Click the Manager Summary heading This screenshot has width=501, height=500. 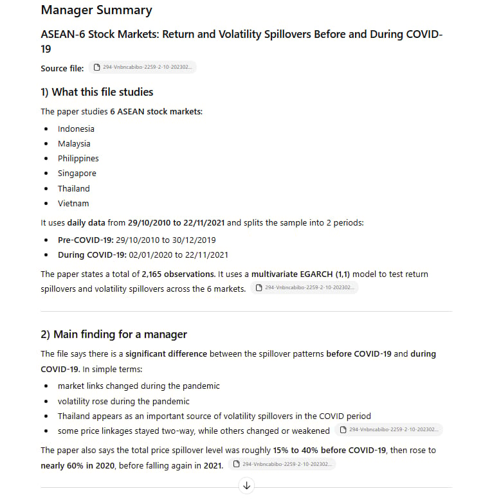point(96,10)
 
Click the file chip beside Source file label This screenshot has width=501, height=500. point(142,67)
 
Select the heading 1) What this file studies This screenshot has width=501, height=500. point(96,92)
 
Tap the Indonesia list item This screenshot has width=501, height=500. point(76,129)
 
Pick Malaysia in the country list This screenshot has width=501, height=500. point(74,143)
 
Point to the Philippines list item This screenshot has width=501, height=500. point(78,158)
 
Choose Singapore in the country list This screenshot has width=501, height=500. point(77,173)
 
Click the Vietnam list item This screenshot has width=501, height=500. point(73,203)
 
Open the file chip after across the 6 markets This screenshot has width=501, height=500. point(304,288)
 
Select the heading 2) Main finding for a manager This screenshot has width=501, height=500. point(114,334)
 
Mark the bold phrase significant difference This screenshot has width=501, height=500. point(166,353)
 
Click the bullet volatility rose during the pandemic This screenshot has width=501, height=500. point(123,401)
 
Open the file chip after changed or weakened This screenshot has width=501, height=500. point(388,430)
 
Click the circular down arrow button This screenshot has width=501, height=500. point(246,486)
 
